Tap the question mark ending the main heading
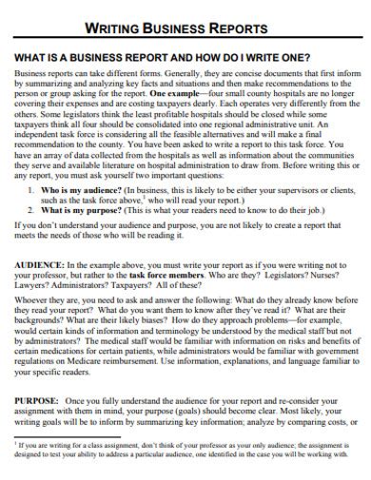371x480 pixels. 309,55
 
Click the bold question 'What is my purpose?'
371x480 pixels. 73,210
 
